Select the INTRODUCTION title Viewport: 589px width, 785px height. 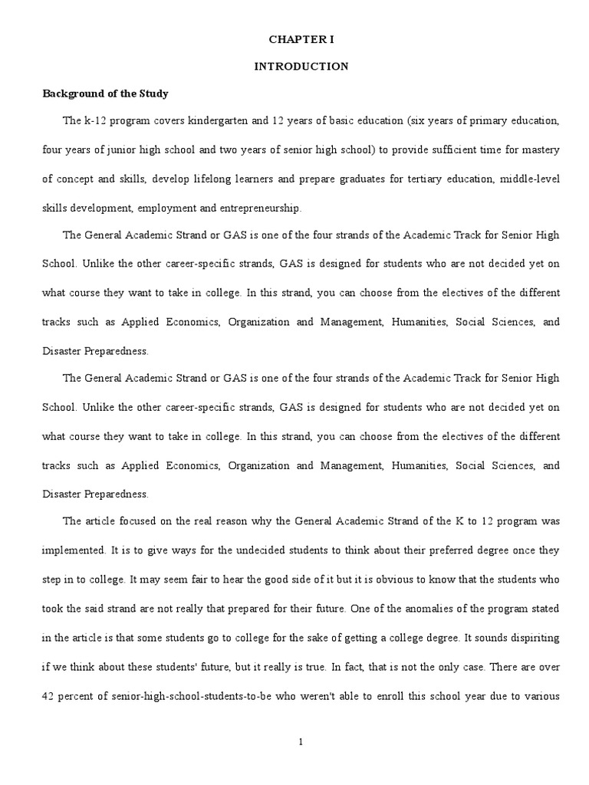coord(301,67)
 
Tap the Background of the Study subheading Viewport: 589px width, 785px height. coord(104,94)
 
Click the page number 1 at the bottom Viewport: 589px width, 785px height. coord(301,741)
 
